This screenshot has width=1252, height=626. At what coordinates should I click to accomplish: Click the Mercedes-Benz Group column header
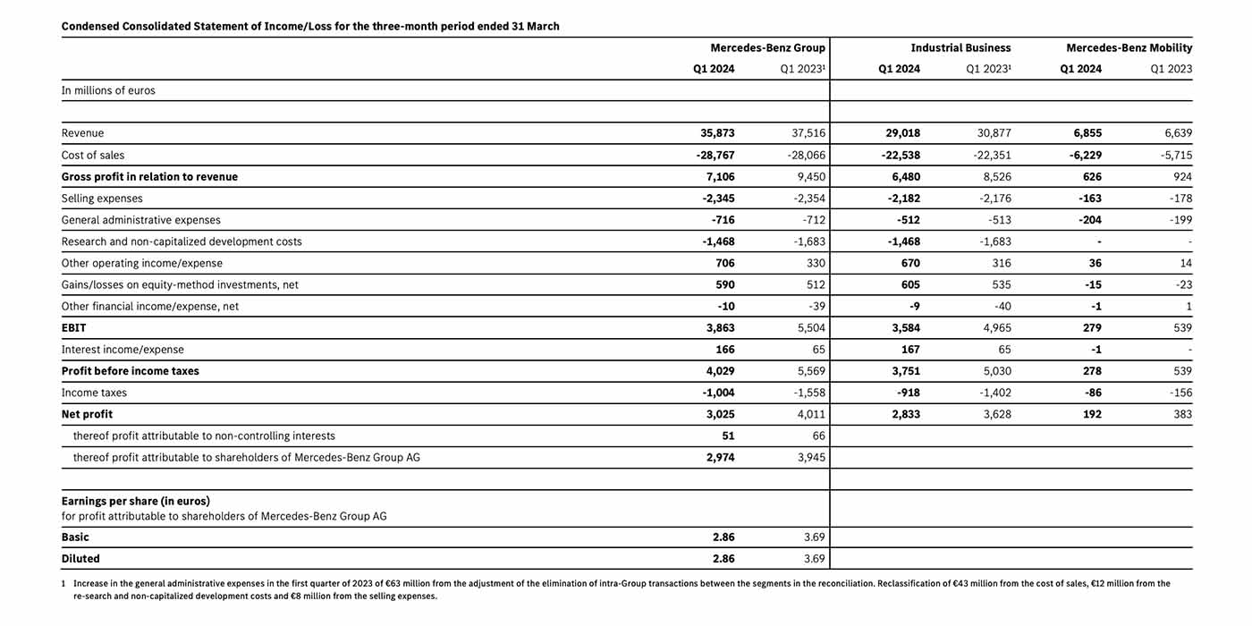pos(767,47)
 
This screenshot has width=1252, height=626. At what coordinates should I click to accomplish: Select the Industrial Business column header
pos(960,47)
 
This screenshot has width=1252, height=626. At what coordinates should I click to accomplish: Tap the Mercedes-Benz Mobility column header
pos(1129,47)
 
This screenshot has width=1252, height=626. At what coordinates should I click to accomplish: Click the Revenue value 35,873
pos(717,133)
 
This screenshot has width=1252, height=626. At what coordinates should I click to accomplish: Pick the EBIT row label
pos(74,328)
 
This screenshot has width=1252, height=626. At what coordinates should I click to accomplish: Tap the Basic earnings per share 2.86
pos(723,537)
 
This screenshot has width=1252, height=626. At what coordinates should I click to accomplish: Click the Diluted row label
pos(80,559)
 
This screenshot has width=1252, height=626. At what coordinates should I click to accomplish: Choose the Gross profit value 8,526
pos(995,177)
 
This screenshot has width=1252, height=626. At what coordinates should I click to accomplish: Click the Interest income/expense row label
pos(123,350)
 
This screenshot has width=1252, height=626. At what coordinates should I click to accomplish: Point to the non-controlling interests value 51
pos(728,436)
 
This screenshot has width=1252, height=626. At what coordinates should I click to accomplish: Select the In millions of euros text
pos(108,90)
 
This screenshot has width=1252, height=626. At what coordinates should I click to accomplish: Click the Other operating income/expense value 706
pos(724,263)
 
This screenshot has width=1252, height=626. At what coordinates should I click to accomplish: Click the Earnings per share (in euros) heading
pos(136,501)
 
